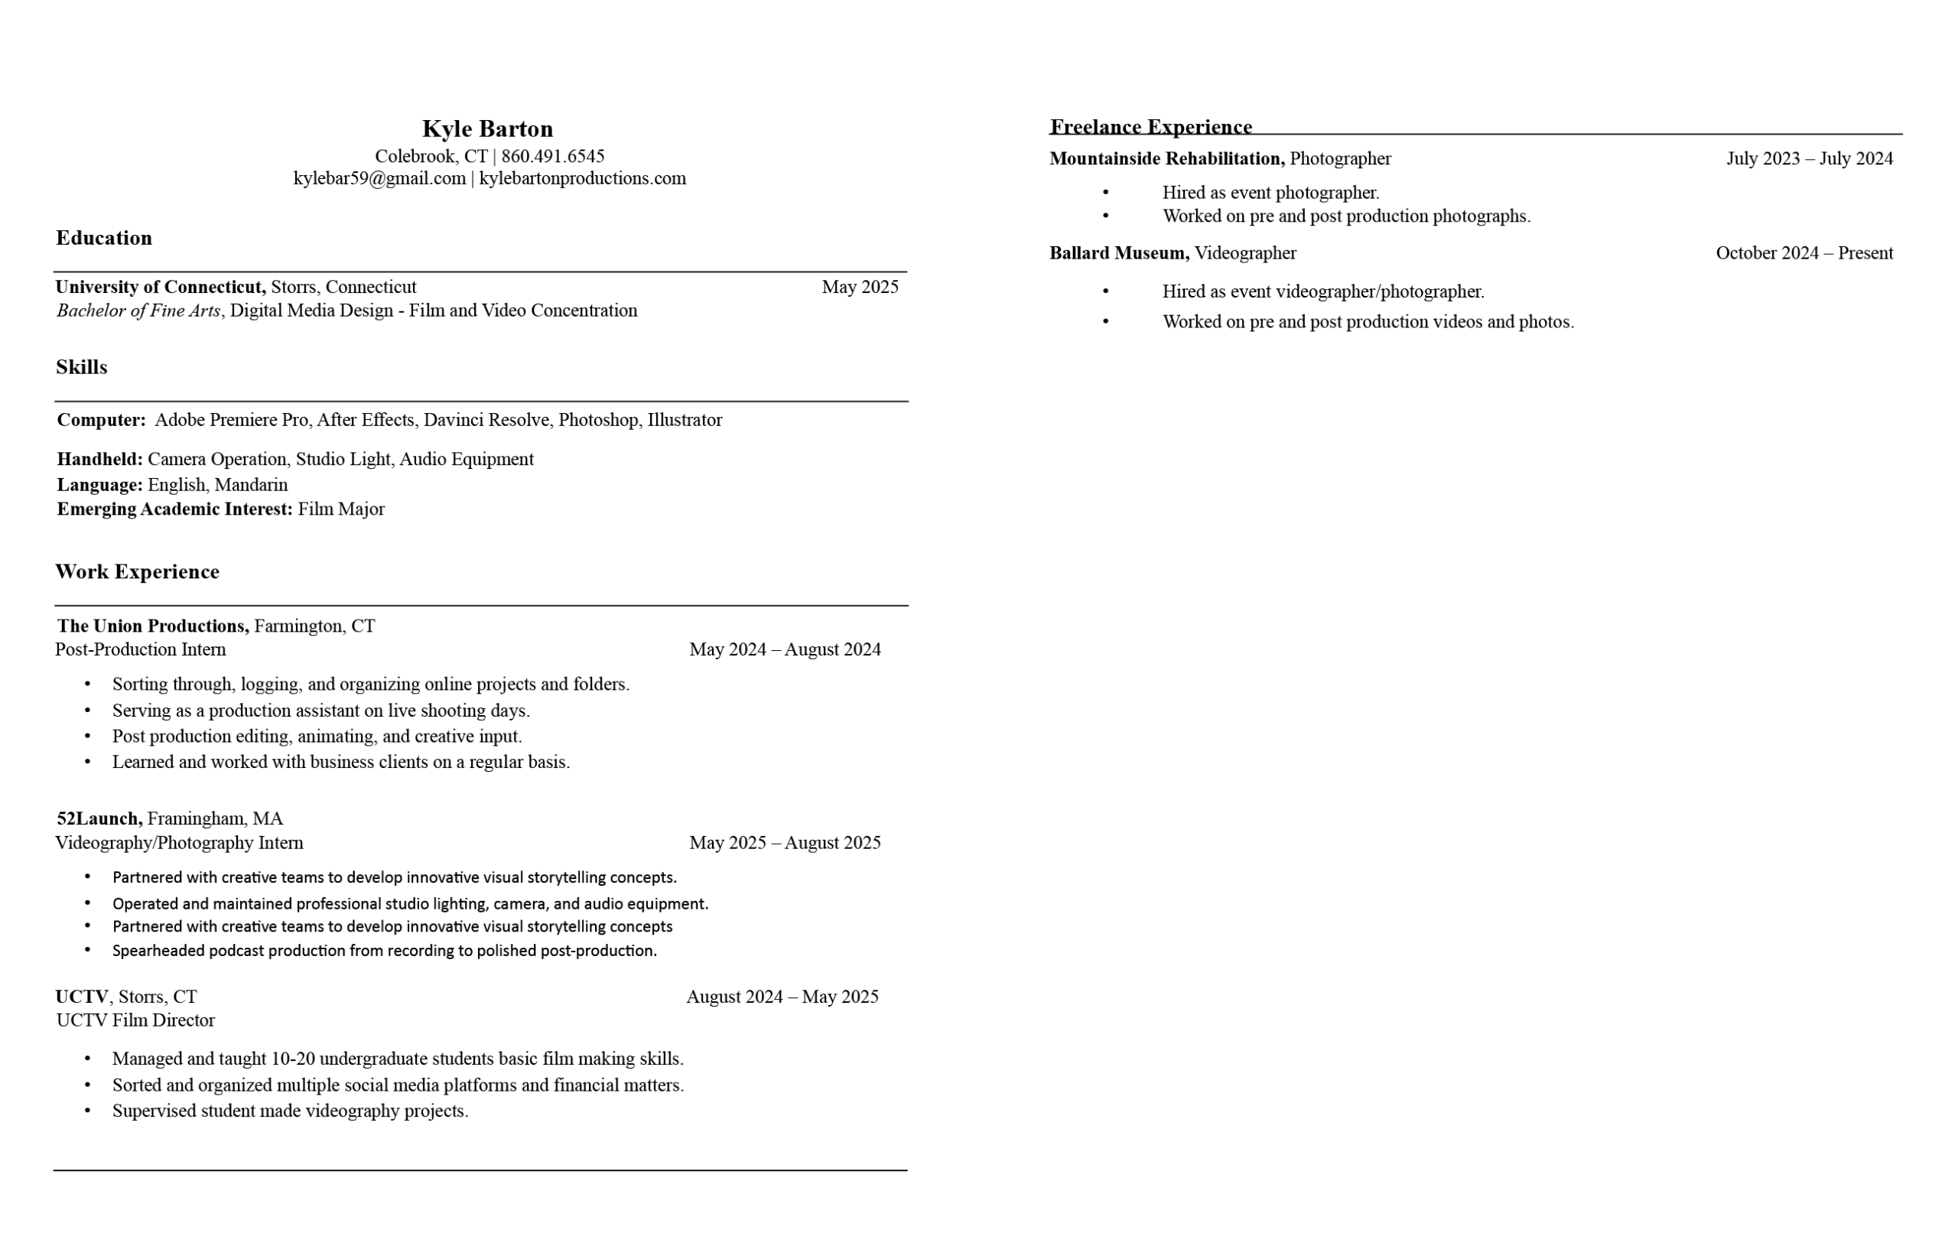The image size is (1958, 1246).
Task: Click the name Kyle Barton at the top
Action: point(487,129)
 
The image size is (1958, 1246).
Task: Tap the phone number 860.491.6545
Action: point(552,155)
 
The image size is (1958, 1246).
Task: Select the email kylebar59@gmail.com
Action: point(379,178)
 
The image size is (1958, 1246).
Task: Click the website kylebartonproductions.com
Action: point(582,178)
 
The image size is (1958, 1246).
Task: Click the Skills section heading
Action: point(81,367)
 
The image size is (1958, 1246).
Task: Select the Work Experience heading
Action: point(137,572)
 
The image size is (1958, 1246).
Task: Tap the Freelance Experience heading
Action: point(1150,127)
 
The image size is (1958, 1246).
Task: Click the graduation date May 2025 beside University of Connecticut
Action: point(860,286)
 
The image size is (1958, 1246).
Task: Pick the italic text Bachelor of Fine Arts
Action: point(138,311)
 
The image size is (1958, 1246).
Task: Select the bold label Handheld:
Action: point(99,459)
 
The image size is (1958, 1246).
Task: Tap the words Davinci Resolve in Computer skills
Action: point(486,420)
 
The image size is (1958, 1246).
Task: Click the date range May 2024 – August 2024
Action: point(784,649)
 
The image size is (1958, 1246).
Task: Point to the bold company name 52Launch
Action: point(99,818)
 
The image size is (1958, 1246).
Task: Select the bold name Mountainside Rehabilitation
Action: point(1166,158)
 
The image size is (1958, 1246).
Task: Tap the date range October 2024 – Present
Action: point(1804,253)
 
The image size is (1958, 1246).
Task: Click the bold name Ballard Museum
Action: point(1118,253)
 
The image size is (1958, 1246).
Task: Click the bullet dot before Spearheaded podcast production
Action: point(88,949)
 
